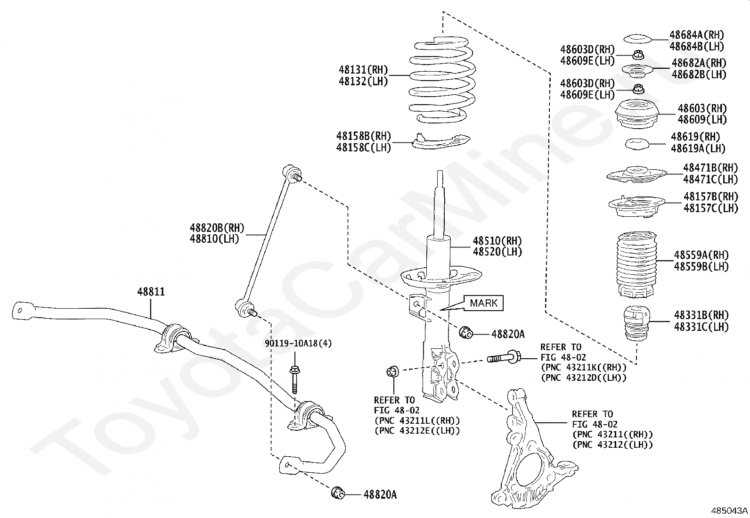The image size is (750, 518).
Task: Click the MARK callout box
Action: (484, 303)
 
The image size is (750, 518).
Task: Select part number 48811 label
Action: (151, 292)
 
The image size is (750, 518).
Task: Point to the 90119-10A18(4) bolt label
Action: (298, 344)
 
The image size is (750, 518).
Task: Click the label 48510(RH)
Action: (497, 241)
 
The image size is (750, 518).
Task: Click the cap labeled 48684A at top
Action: (637, 39)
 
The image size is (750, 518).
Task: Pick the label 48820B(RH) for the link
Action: (217, 228)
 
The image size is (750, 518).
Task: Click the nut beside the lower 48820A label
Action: (338, 493)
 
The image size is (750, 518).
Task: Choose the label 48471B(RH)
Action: (710, 168)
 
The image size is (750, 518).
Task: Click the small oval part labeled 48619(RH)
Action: (637, 144)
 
